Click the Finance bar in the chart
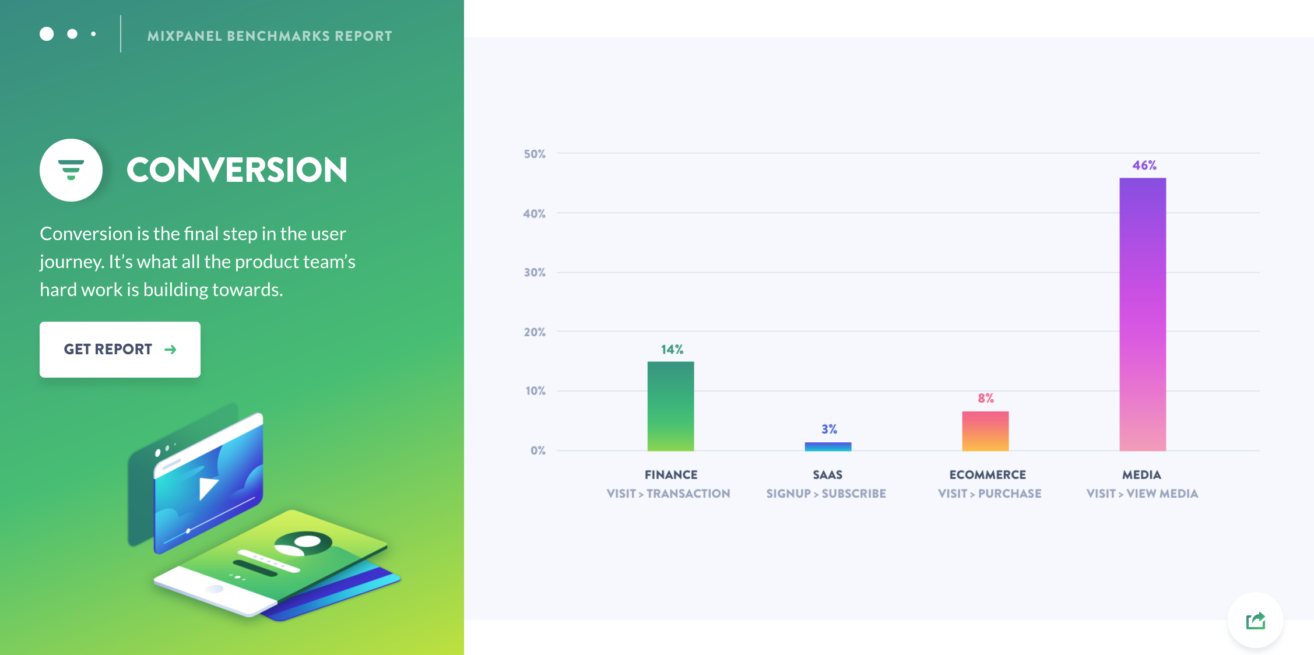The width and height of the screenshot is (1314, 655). tap(670, 406)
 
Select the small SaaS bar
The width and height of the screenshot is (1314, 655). tap(828, 446)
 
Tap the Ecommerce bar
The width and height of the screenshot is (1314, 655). tap(985, 431)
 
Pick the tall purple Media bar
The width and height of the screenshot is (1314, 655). tap(1143, 314)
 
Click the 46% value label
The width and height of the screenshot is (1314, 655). tap(1144, 165)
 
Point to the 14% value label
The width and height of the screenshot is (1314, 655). tap(672, 350)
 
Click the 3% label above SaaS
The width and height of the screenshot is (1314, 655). tap(829, 429)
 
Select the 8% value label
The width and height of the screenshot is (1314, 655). tap(986, 399)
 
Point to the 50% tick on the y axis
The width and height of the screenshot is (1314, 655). tap(535, 154)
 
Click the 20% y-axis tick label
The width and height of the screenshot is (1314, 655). tap(535, 332)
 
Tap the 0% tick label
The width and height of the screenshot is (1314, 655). tap(538, 450)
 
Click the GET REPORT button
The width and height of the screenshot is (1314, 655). tap(120, 350)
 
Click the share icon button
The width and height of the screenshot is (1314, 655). tap(1256, 621)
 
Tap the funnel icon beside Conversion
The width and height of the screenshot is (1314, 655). tap(71, 170)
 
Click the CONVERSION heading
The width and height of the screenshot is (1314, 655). tap(237, 170)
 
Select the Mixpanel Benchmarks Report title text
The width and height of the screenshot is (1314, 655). tap(270, 36)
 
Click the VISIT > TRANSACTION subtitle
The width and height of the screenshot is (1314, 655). tap(668, 494)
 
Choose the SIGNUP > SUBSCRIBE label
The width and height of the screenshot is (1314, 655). tap(826, 494)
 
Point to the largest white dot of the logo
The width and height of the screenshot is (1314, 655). tap(47, 34)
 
